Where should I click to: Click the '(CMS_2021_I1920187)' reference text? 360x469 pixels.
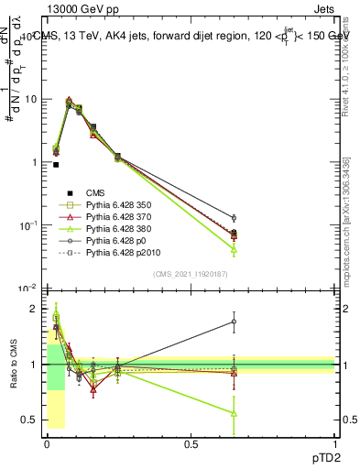pos(191,274)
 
